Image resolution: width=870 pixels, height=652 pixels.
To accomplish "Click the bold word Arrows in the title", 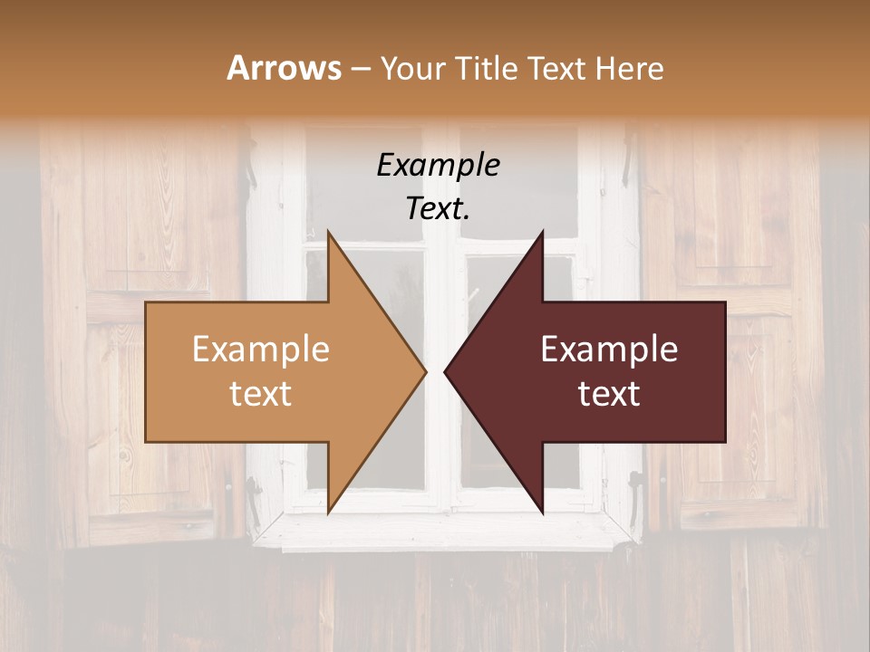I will tap(284, 68).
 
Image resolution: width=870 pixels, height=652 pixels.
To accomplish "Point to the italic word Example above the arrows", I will tap(439, 165).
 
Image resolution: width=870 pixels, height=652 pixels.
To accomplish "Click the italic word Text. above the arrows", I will tap(439, 209).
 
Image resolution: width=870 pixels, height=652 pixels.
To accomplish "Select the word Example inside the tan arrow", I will tap(261, 349).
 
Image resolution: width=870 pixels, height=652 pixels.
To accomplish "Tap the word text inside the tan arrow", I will tap(261, 393).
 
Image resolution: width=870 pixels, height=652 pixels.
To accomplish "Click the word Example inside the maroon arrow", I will tap(609, 349).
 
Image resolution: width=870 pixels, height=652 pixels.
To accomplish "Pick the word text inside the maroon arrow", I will tap(609, 393).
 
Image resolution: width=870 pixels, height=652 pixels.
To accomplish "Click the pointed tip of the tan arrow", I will tap(426, 371).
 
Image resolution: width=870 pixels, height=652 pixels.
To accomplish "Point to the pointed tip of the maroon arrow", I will tap(445, 371).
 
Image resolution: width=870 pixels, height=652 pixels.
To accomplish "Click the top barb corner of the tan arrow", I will tap(328, 232).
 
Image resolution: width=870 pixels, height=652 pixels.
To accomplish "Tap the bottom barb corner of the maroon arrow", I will tap(542, 513).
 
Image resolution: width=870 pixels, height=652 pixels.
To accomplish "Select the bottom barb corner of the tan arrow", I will tap(328, 513).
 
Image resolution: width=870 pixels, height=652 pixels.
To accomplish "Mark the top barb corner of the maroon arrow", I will tap(542, 232).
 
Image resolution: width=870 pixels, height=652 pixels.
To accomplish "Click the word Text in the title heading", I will tap(558, 69).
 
